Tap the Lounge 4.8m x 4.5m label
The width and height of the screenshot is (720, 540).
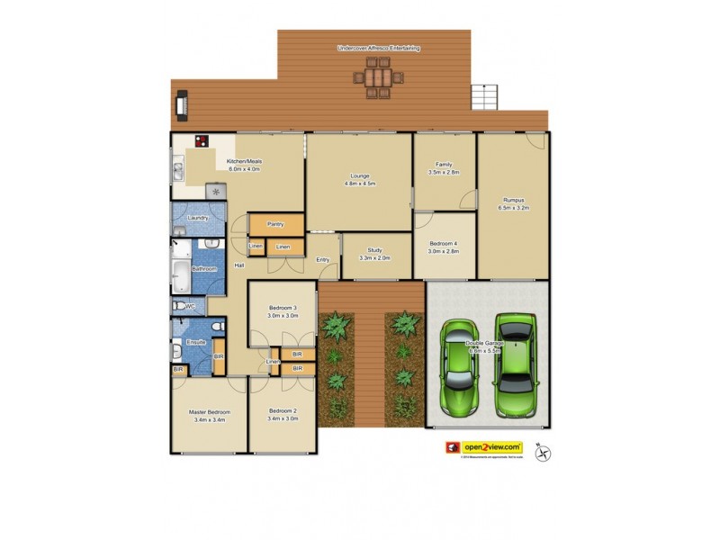click(x=358, y=179)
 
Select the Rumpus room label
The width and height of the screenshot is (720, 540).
click(x=513, y=203)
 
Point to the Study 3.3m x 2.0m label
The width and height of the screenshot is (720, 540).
click(x=375, y=255)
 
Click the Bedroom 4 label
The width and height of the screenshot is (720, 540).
click(x=444, y=248)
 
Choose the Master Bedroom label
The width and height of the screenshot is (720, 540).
click(x=207, y=415)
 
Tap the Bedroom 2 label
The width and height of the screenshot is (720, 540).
click(x=282, y=415)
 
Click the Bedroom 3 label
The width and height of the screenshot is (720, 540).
click(x=282, y=312)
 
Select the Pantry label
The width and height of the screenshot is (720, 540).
click(x=275, y=224)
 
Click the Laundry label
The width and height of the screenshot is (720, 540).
click(x=198, y=218)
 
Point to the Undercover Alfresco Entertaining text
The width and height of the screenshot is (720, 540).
click(x=379, y=48)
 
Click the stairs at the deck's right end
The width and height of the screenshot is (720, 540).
click(x=484, y=94)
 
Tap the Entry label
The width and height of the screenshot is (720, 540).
click(x=322, y=260)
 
